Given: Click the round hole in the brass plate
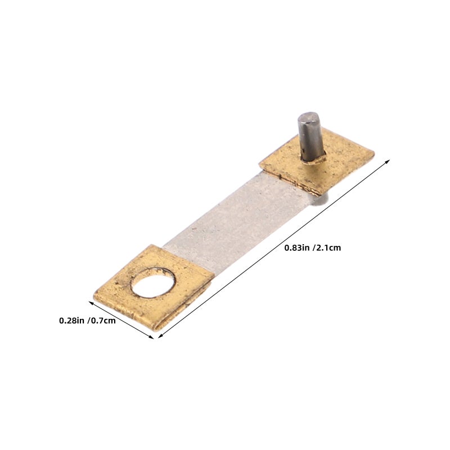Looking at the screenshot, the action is [x=153, y=283].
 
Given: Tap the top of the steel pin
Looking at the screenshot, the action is [x=308, y=117].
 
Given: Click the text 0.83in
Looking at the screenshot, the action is [x=297, y=247].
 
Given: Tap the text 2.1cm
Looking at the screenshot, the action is [x=328, y=247].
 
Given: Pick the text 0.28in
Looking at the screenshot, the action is [x=72, y=321].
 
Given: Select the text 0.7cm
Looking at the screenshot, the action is [x=103, y=321].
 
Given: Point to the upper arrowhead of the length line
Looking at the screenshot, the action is [x=388, y=161].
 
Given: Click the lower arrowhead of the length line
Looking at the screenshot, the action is [x=160, y=336].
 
